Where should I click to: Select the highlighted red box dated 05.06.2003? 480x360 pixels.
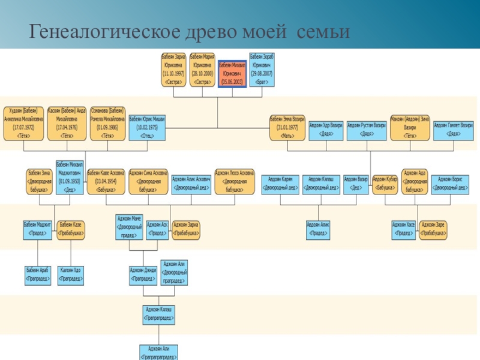coord(232,73)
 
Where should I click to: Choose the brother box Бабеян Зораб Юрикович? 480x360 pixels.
coord(261,70)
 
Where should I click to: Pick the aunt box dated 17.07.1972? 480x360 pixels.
coord(24,124)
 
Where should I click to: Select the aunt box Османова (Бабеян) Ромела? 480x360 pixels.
coord(107,124)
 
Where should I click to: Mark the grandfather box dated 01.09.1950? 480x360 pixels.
coord(70,177)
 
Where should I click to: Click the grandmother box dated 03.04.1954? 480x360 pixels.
coord(106,181)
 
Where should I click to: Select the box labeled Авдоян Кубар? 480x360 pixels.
coord(385,184)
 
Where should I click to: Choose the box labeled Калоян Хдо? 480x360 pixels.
coord(71,275)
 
